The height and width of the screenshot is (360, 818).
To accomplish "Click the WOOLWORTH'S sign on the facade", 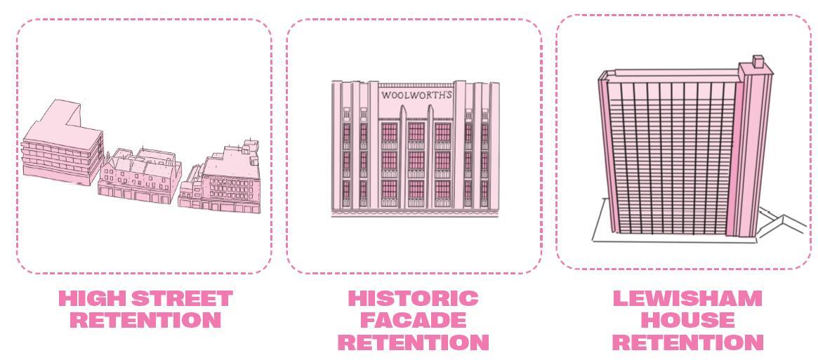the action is (416, 94).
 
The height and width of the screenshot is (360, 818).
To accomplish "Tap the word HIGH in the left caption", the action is (92, 299).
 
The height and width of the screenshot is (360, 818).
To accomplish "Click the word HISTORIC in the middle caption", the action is (414, 299).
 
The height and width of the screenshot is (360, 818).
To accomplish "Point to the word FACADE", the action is (414, 321).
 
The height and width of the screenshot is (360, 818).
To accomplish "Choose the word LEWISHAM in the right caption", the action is (687, 299).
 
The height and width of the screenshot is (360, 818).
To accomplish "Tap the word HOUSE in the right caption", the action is (687, 321).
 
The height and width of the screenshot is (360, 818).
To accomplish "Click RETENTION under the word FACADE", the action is (414, 342).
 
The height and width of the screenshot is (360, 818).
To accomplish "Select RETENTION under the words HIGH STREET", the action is (145, 321).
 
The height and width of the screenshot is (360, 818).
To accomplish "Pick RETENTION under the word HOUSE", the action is (687, 342).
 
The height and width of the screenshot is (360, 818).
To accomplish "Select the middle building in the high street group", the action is (140, 175).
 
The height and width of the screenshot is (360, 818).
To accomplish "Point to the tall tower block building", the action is (674, 154).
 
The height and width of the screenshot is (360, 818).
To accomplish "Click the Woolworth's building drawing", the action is (416, 151).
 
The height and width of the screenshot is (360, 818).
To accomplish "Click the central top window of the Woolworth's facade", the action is (416, 132).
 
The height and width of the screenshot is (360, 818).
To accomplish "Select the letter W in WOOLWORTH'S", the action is (386, 95).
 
